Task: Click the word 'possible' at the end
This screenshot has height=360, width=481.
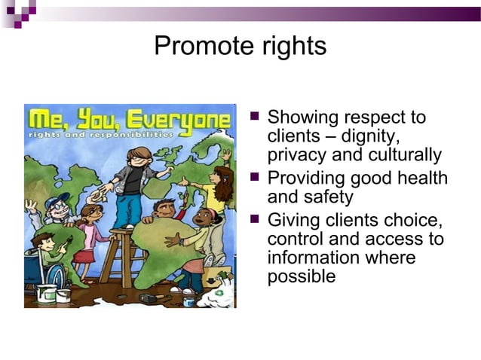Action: (302, 276)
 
